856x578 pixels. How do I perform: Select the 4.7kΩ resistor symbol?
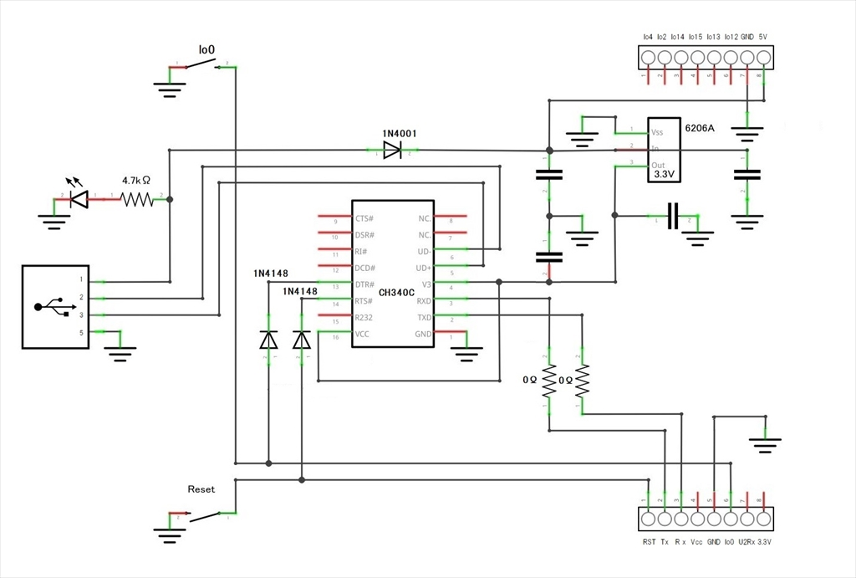coord(136,199)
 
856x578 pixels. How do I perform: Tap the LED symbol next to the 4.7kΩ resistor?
coord(80,198)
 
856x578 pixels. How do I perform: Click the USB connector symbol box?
coord(54,306)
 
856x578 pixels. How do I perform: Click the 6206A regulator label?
coord(699,128)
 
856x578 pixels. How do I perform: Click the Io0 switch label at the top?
coord(206,50)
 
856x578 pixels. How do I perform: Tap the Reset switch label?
coord(201,489)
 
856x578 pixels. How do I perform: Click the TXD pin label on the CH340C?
coord(424,318)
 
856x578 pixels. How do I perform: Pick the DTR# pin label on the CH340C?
coord(364,284)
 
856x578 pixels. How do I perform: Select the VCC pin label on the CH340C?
coord(362,335)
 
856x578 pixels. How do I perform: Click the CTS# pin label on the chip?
coord(364,218)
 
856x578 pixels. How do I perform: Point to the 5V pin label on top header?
coord(762,38)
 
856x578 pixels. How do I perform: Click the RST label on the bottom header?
coord(649,543)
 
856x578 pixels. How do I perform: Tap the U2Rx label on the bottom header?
coord(746,543)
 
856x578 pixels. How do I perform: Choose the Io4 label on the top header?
coord(648,38)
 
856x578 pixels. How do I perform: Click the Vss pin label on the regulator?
coord(657,132)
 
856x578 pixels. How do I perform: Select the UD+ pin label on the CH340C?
coord(424,268)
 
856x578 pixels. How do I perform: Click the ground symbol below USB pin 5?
coord(121,352)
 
